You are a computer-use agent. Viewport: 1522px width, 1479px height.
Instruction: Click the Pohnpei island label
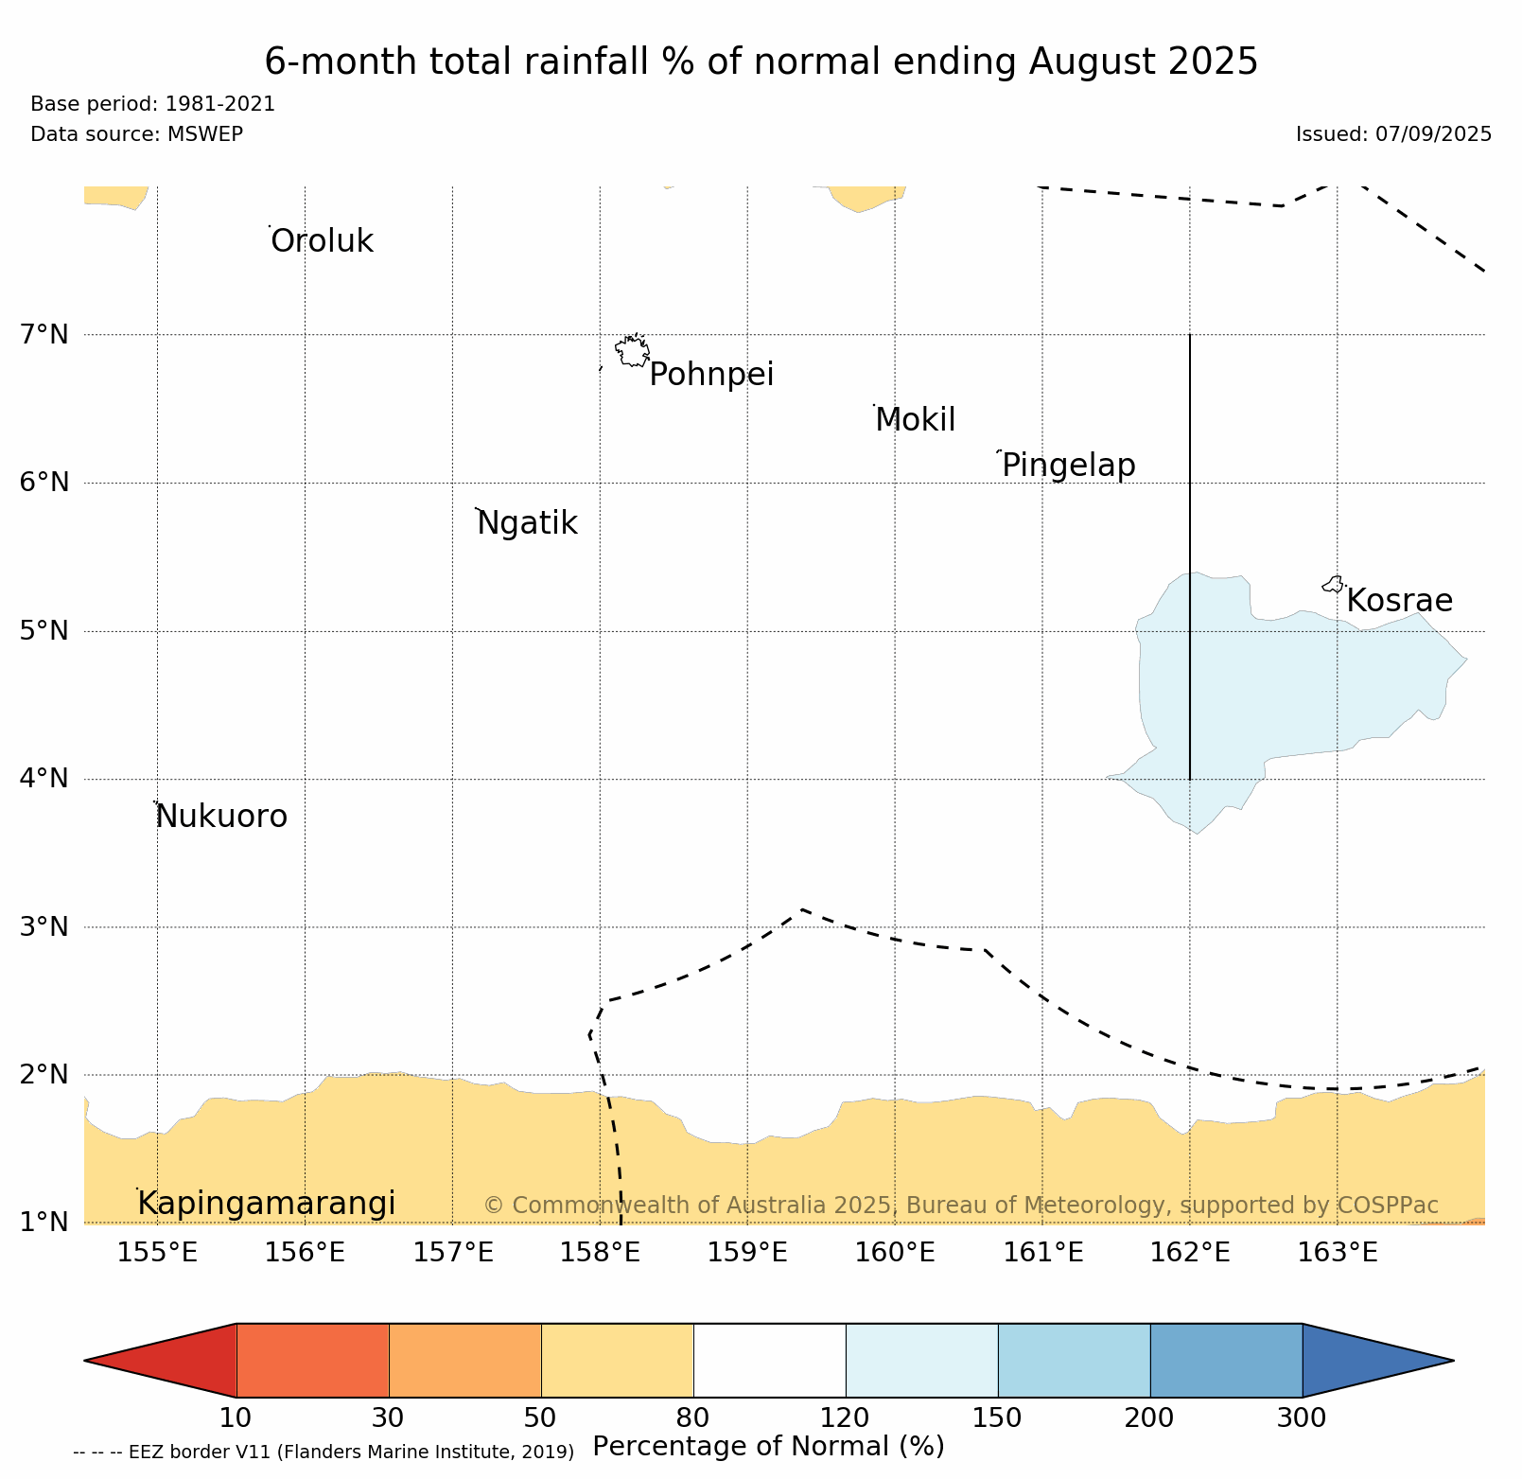711,375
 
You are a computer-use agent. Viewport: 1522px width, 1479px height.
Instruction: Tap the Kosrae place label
1399,601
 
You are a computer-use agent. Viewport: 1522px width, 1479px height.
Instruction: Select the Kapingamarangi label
266,1204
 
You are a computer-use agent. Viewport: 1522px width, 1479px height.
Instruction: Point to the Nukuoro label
221,816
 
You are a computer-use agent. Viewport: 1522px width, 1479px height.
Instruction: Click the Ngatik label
527,523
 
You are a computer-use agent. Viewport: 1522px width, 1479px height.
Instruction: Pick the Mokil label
915,420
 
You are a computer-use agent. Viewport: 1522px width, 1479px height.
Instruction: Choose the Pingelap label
1068,466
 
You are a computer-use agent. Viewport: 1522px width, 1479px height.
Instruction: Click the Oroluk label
322,241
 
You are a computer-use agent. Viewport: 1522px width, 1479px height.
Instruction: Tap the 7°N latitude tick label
44,334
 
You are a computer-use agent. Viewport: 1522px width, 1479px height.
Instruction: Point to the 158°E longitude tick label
600,1253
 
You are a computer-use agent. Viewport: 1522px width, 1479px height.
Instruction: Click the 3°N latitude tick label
44,927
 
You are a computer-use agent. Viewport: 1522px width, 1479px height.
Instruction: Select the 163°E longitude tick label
1337,1253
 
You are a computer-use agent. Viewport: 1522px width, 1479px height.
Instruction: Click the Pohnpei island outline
632,351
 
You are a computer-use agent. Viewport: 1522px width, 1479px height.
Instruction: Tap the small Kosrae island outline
1333,585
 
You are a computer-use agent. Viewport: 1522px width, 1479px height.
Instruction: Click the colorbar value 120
845,1417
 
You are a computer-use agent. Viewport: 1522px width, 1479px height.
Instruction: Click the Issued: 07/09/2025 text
1392,134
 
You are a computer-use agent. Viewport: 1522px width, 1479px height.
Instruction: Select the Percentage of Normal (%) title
767,1446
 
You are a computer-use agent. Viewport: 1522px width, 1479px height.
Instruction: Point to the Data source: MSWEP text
136,134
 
